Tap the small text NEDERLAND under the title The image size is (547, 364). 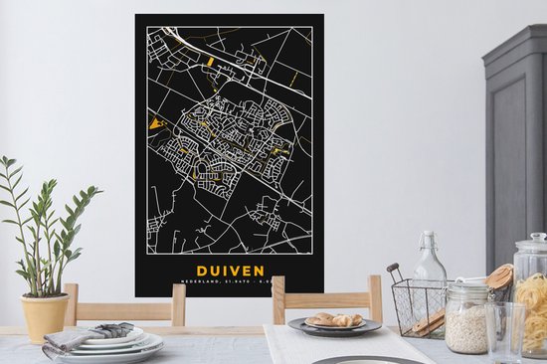click(x=199, y=287)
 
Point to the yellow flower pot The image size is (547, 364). click(x=45, y=316)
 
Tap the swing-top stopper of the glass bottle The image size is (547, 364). click(x=430, y=243)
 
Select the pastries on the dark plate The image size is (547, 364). click(x=335, y=319)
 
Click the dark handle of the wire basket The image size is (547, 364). click(x=395, y=270)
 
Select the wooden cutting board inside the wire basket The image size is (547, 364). click(x=431, y=320)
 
